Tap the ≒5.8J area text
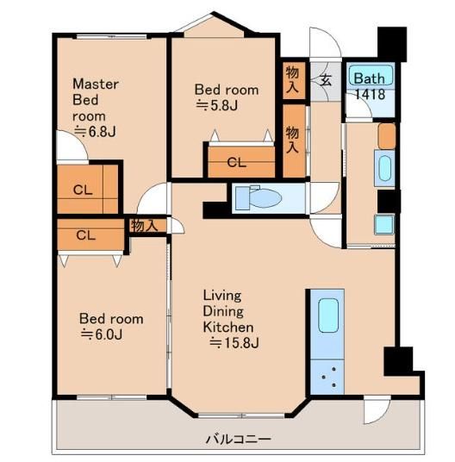point(217,105)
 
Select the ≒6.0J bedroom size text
point(101,334)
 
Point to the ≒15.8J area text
point(234,343)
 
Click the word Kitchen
point(228,327)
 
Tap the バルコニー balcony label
point(238,440)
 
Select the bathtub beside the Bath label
point(371,76)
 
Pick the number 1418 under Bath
point(370,94)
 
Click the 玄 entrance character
point(326,80)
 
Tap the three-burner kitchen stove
point(327,377)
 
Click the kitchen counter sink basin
point(328,315)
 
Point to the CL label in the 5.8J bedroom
point(236,162)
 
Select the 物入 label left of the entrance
point(292,80)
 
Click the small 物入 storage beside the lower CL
point(144,226)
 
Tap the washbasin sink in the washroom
point(384,168)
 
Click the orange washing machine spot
point(387,136)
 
